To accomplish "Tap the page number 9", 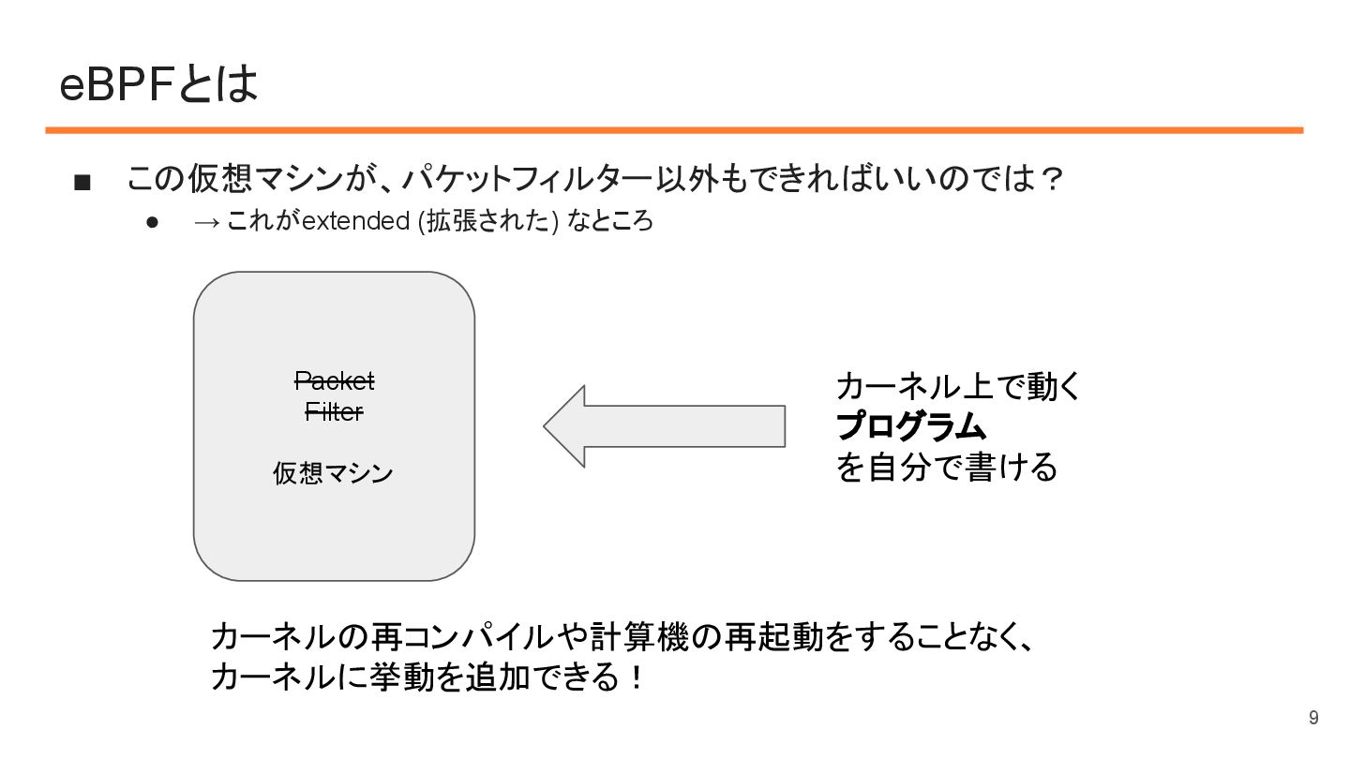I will pyautogui.click(x=1313, y=718).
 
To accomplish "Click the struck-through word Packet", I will pyautogui.click(x=335, y=381).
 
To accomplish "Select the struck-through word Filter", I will pyautogui.click(x=335, y=411).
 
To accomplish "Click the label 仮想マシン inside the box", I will pyautogui.click(x=333, y=473).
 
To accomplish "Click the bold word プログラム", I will pyautogui.click(x=911, y=427).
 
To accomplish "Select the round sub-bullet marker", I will pyautogui.click(x=153, y=223).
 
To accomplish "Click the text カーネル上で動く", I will pyautogui.click(x=959, y=386).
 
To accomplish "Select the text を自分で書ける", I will pyautogui.click(x=946, y=467).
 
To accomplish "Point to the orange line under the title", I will pyautogui.click(x=674, y=130).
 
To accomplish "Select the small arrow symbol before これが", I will pyautogui.click(x=207, y=222).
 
